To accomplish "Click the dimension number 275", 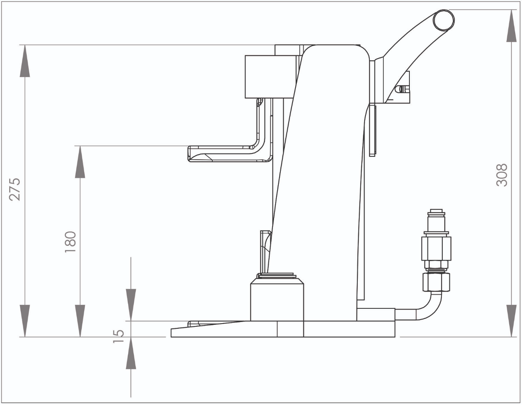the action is (x=15, y=189).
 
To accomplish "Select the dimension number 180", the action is (x=71, y=242).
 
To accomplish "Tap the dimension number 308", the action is (x=502, y=175).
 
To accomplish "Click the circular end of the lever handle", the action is (x=444, y=20).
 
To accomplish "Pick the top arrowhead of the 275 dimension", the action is (x=25, y=61).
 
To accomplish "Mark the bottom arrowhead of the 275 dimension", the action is (x=25, y=321).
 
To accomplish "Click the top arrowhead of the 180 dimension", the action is (x=80, y=162).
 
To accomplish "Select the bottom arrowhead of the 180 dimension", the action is (x=80, y=321).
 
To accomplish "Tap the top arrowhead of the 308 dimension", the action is (x=512, y=26).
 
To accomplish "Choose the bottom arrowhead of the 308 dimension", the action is (x=512, y=321).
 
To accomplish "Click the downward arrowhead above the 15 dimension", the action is (x=131, y=305).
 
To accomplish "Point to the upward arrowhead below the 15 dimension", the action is (x=131, y=353).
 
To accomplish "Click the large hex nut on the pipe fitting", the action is (x=436, y=249).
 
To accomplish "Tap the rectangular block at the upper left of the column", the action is (x=271, y=77).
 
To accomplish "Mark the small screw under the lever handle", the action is (x=402, y=89).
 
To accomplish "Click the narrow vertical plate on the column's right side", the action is (x=372, y=130).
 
